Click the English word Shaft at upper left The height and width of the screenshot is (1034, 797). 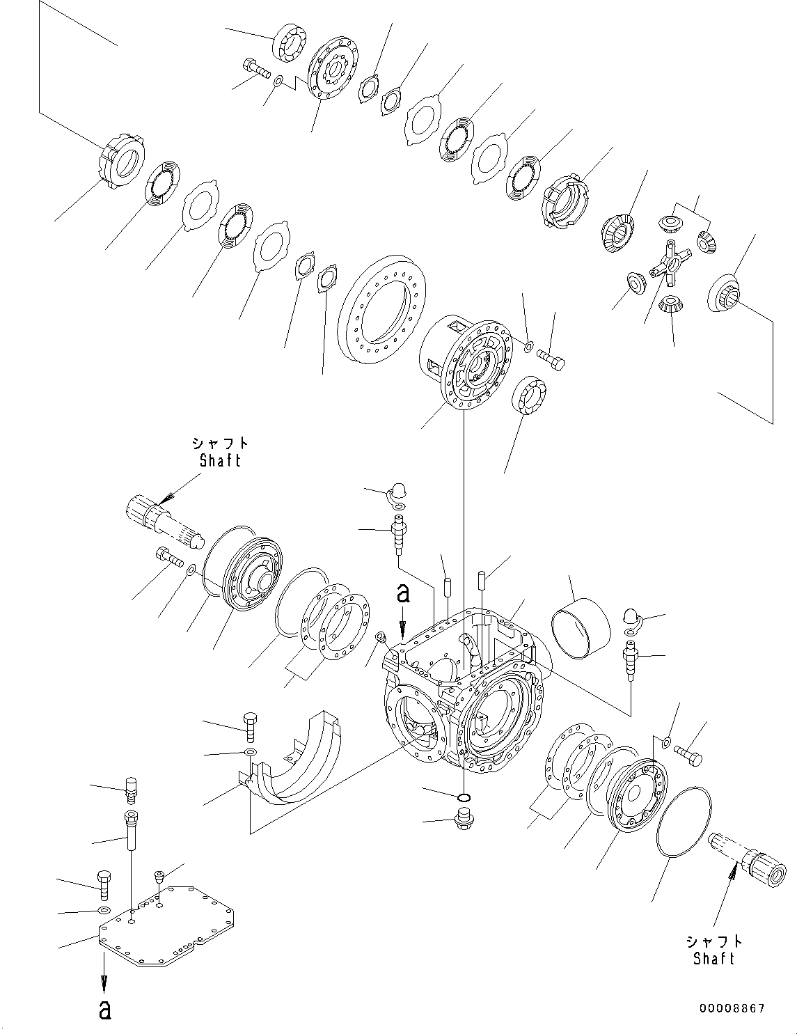[x=220, y=460]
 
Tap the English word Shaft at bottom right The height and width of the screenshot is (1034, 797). [x=713, y=959]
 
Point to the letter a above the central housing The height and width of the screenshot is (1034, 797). [x=402, y=593]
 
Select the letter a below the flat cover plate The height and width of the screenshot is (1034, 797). [x=104, y=1010]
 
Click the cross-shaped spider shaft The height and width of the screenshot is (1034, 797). [x=669, y=265]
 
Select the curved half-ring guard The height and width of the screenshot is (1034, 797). [x=299, y=759]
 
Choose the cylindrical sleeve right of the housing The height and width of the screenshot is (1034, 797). [x=581, y=629]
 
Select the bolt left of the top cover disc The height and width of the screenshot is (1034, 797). [x=256, y=68]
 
